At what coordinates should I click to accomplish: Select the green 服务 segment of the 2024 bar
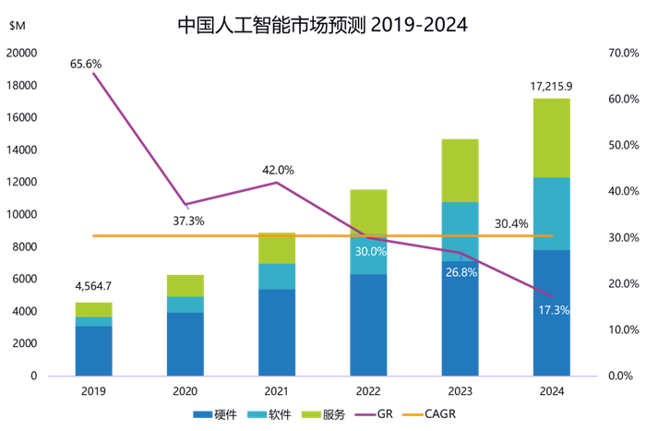point(552,138)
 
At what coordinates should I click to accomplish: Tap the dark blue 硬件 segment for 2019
point(93,350)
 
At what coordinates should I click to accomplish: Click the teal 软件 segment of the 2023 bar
point(460,221)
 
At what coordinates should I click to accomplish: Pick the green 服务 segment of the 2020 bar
point(185,285)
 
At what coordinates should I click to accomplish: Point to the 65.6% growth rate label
point(85,64)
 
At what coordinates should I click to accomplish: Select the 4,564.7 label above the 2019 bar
point(92,287)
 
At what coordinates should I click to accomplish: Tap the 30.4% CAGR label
point(511,223)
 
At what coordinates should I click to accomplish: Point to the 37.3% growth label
point(188,221)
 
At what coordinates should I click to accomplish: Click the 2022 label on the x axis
point(368,391)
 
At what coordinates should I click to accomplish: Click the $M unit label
point(17,26)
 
